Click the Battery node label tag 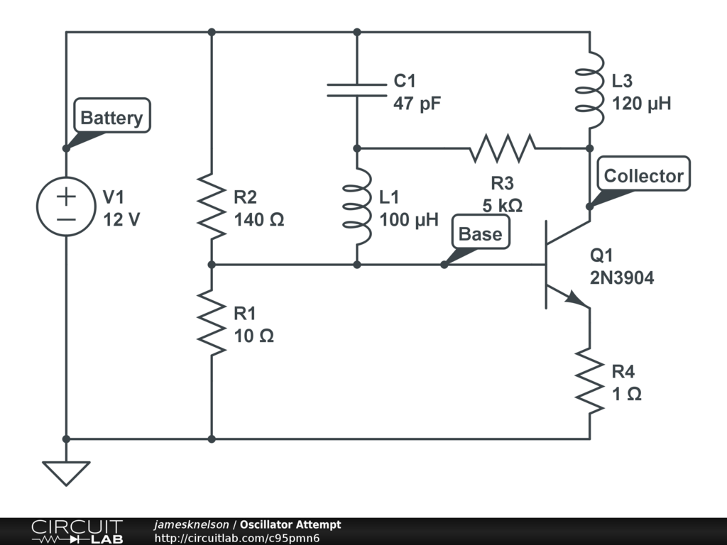pyautogui.click(x=111, y=117)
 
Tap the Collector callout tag pyautogui.click(x=643, y=175)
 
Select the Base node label pyautogui.click(x=480, y=234)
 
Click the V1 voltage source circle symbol pyautogui.click(x=66, y=207)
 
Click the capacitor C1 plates pyautogui.click(x=356, y=90)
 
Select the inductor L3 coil pyautogui.click(x=589, y=90)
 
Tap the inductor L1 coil pyautogui.click(x=356, y=207)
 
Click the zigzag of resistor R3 pyautogui.click(x=502, y=148)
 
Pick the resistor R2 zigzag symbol pyautogui.click(x=212, y=207)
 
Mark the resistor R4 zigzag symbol pyautogui.click(x=589, y=380)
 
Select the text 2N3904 pyautogui.click(x=622, y=279)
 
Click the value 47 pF pyautogui.click(x=417, y=104)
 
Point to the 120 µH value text pyautogui.click(x=641, y=104)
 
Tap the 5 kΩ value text pyautogui.click(x=502, y=207)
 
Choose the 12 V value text pyautogui.click(x=121, y=219)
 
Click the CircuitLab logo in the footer pyautogui.click(x=77, y=532)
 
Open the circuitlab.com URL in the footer pyautogui.click(x=237, y=539)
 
